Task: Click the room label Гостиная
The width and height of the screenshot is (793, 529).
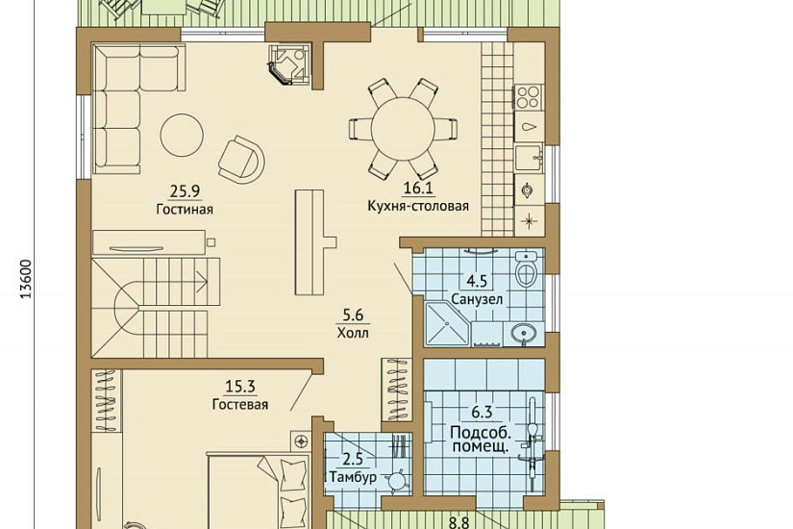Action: point(185,209)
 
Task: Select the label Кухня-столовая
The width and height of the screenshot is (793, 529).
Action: point(418,206)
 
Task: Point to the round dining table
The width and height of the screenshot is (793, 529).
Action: point(403,129)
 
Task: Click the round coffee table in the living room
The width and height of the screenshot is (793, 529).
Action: point(182,136)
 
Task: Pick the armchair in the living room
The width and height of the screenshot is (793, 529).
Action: point(241,159)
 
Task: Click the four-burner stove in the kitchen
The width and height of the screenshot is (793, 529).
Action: point(529,97)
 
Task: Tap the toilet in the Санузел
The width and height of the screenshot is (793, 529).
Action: point(527,271)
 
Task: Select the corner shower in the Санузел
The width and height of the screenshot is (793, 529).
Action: point(448,324)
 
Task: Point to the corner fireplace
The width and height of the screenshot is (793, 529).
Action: point(289,63)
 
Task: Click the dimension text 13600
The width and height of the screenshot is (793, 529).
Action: point(26,279)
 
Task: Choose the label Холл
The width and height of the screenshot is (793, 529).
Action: point(353,333)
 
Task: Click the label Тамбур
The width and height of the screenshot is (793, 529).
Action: point(353,477)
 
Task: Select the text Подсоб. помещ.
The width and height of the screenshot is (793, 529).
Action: point(481,440)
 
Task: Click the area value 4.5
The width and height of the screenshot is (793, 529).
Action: point(477,281)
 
